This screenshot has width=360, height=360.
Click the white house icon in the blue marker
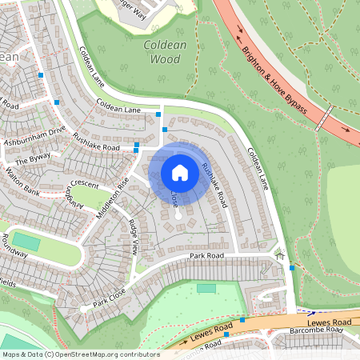pos(180,172)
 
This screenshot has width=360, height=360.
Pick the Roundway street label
pos(14,245)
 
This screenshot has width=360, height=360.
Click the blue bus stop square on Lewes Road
pos(227,335)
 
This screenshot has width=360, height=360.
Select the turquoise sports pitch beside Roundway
pos(27,241)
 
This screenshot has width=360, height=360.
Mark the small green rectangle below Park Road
pos(206,288)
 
